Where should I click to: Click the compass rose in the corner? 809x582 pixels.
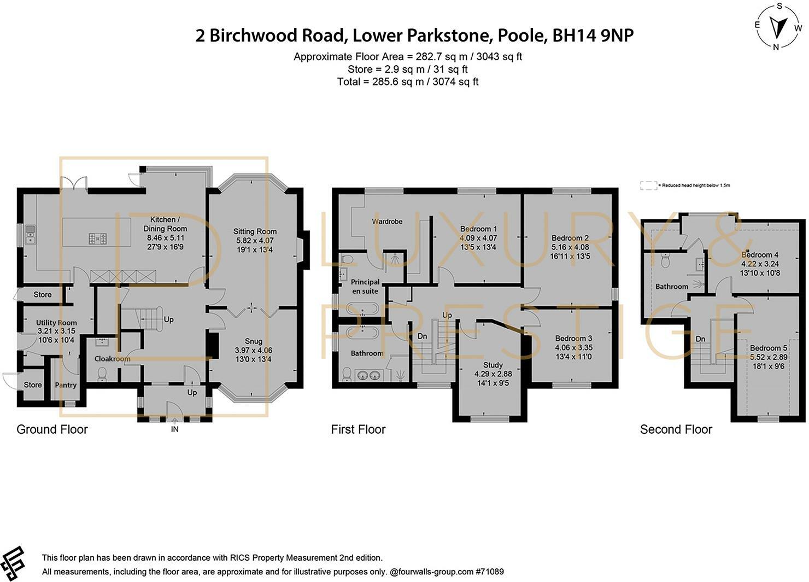[776, 26]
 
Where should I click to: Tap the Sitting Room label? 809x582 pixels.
[255, 231]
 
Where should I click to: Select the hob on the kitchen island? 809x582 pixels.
[97, 238]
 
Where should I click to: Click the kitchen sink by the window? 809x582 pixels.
[30, 235]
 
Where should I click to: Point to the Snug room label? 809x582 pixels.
[254, 341]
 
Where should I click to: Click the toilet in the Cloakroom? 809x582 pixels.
[102, 374]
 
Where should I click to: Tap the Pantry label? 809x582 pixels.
[66, 385]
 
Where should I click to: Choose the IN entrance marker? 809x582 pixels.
[174, 429]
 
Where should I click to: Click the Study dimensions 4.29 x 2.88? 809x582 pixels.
[493, 374]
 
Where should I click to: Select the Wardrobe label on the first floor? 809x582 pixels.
[387, 221]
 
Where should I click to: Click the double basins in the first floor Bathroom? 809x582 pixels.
[369, 376]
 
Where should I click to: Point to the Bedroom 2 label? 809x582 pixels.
[570, 238]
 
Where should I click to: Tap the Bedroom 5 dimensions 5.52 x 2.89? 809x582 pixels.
[769, 357]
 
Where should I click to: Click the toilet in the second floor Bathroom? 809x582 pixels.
[665, 260]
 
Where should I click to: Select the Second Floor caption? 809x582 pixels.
[676, 429]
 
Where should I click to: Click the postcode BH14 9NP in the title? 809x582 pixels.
[593, 36]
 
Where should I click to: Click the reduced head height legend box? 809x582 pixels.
[649, 186]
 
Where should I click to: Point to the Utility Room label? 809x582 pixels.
[56, 322]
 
